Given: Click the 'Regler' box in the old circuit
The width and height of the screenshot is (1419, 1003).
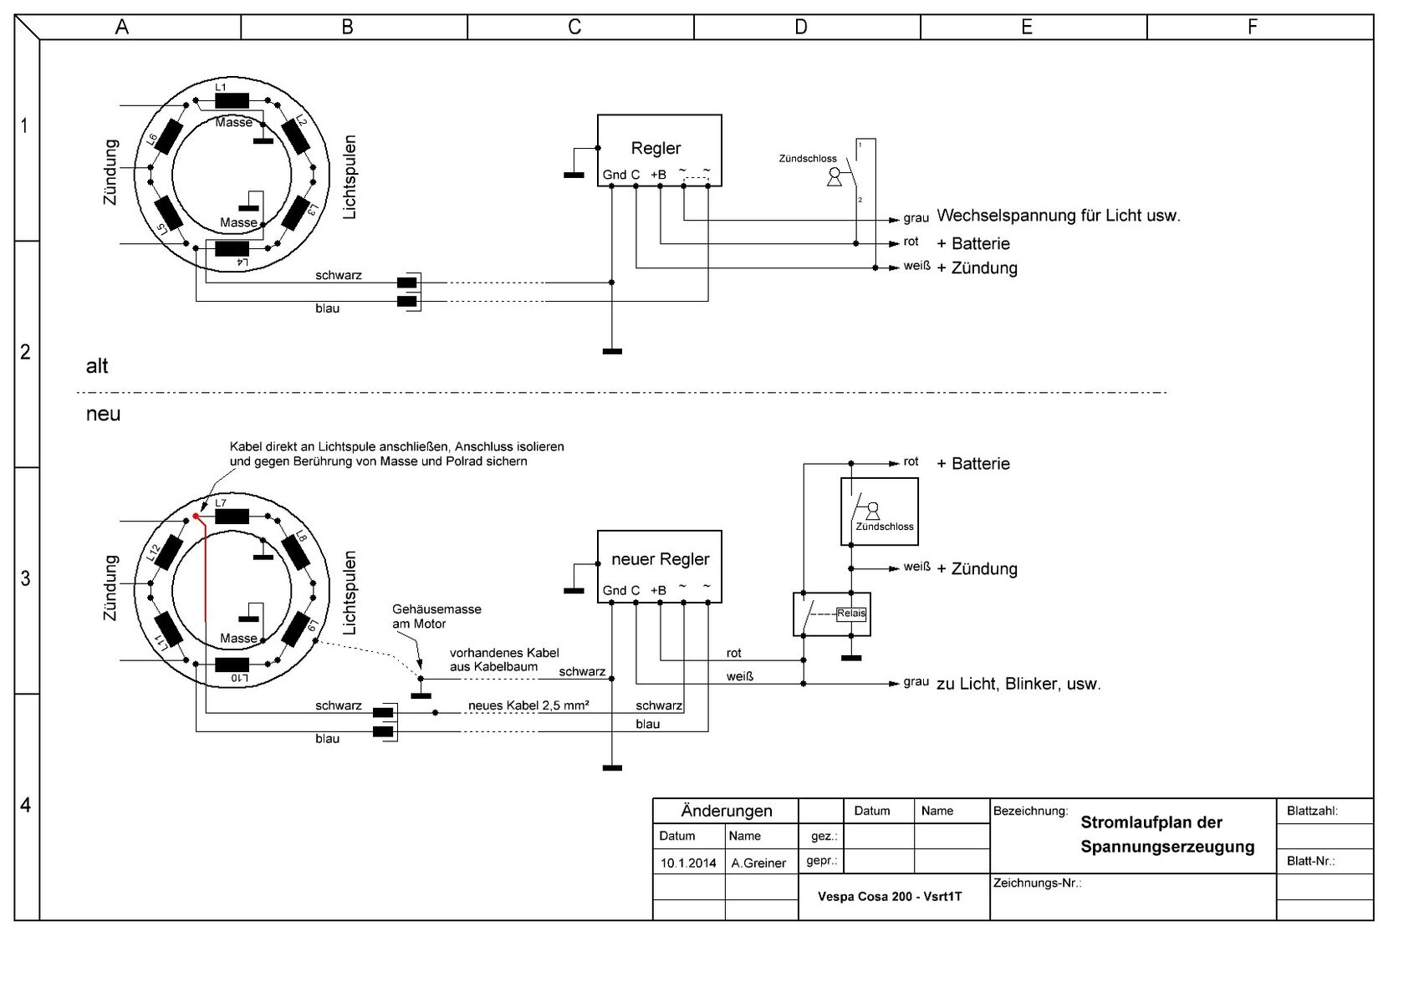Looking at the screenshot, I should click(659, 150).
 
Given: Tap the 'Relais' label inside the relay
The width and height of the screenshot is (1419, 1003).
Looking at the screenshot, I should click(852, 614).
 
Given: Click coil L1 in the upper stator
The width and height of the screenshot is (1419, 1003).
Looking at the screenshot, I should click(232, 100).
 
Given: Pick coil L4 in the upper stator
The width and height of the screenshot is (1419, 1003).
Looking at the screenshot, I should click(232, 248).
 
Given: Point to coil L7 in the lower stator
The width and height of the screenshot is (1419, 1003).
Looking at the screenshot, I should click(232, 516).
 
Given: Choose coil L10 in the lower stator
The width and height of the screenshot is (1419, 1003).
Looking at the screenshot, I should click(232, 664).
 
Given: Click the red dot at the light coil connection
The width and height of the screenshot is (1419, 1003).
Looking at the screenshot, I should click(196, 517).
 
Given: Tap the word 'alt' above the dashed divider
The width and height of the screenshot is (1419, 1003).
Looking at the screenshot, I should click(97, 366).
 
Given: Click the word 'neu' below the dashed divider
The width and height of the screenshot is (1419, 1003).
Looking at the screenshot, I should click(103, 414).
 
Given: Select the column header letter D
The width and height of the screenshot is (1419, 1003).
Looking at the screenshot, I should click(800, 28).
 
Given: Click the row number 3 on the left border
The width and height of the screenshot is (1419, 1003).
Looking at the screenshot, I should click(26, 578).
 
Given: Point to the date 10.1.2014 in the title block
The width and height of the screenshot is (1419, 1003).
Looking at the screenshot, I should click(688, 863).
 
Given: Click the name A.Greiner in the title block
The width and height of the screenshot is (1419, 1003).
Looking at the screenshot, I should click(758, 863).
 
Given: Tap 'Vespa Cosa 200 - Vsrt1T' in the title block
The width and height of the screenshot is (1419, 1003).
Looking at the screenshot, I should click(890, 896).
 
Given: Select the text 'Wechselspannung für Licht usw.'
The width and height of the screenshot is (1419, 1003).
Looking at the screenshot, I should click(1058, 216).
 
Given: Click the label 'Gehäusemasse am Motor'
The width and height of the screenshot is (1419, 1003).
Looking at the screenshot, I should click(436, 617).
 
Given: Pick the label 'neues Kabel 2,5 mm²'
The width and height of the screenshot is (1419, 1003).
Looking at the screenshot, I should click(528, 705).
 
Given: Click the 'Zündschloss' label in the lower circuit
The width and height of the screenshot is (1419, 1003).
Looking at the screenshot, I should click(884, 527).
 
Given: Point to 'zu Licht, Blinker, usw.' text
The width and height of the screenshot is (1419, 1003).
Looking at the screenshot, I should click(1018, 684).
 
